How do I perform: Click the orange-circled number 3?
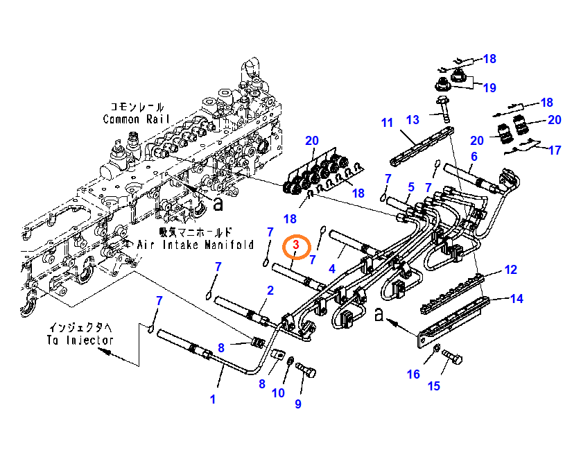tap(296, 245)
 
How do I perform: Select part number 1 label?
tap(213, 399)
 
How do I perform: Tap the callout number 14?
tap(517, 300)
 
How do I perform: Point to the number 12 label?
tap(510, 269)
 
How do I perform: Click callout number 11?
tap(387, 123)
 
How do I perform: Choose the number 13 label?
tap(413, 120)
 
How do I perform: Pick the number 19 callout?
tap(489, 87)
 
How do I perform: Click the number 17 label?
tap(554, 150)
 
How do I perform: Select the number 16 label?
tap(413, 374)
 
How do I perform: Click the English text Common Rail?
tap(132, 119)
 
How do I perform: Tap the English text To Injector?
tap(80, 340)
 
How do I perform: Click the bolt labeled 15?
tap(453, 359)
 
